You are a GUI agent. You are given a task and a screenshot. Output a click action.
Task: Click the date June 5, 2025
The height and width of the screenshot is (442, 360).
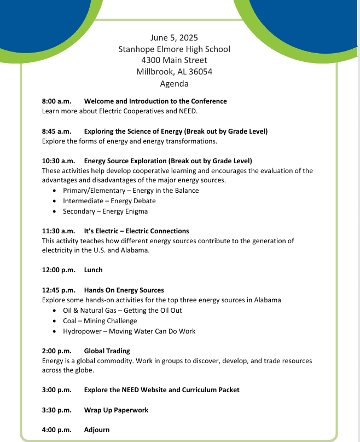point(174,38)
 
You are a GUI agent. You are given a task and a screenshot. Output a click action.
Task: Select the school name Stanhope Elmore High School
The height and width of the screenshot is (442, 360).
point(174,49)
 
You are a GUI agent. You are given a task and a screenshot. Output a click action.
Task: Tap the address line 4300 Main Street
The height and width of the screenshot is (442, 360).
point(174,60)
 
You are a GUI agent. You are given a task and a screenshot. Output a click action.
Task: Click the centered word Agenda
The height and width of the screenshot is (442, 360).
point(174,84)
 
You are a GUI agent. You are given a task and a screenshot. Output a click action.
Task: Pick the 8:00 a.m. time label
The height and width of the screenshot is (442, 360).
point(57,101)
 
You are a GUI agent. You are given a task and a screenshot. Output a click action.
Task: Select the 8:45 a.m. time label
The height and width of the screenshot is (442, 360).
point(57,131)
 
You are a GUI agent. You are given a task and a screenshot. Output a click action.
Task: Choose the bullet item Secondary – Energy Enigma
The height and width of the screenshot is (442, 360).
point(105,211)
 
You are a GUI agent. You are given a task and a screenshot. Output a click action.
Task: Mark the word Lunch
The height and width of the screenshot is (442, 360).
point(94,270)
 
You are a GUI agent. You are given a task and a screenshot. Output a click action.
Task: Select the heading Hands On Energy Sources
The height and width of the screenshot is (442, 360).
point(124,290)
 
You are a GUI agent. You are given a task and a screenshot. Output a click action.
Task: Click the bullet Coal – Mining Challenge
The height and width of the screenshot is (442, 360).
point(100,321)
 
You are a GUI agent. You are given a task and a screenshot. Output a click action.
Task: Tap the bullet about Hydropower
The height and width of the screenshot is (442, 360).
point(129,331)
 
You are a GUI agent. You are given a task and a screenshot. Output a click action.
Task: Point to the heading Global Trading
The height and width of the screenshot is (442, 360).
point(107,351)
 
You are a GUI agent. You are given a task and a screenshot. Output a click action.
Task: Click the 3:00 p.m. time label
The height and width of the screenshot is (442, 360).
point(57,390)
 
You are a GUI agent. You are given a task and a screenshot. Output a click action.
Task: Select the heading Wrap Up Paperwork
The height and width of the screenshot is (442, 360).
point(116,410)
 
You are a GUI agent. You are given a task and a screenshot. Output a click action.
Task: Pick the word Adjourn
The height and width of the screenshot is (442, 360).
point(97,430)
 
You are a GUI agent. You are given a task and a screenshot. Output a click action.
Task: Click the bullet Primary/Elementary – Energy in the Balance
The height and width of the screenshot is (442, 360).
point(131,191)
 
